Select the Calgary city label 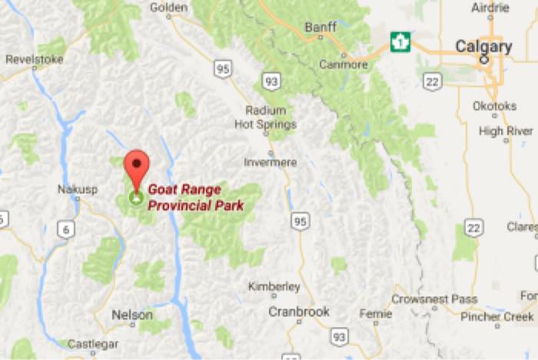tap(483, 46)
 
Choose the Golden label tap(169, 7)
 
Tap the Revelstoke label tap(33, 58)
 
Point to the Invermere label tap(269, 162)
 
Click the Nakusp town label tap(76, 188)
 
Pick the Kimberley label tap(274, 287)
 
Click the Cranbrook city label tap(298, 312)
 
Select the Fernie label tap(376, 314)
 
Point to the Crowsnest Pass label tap(433, 299)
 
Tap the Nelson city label tap(132, 315)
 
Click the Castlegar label tap(91, 344)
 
